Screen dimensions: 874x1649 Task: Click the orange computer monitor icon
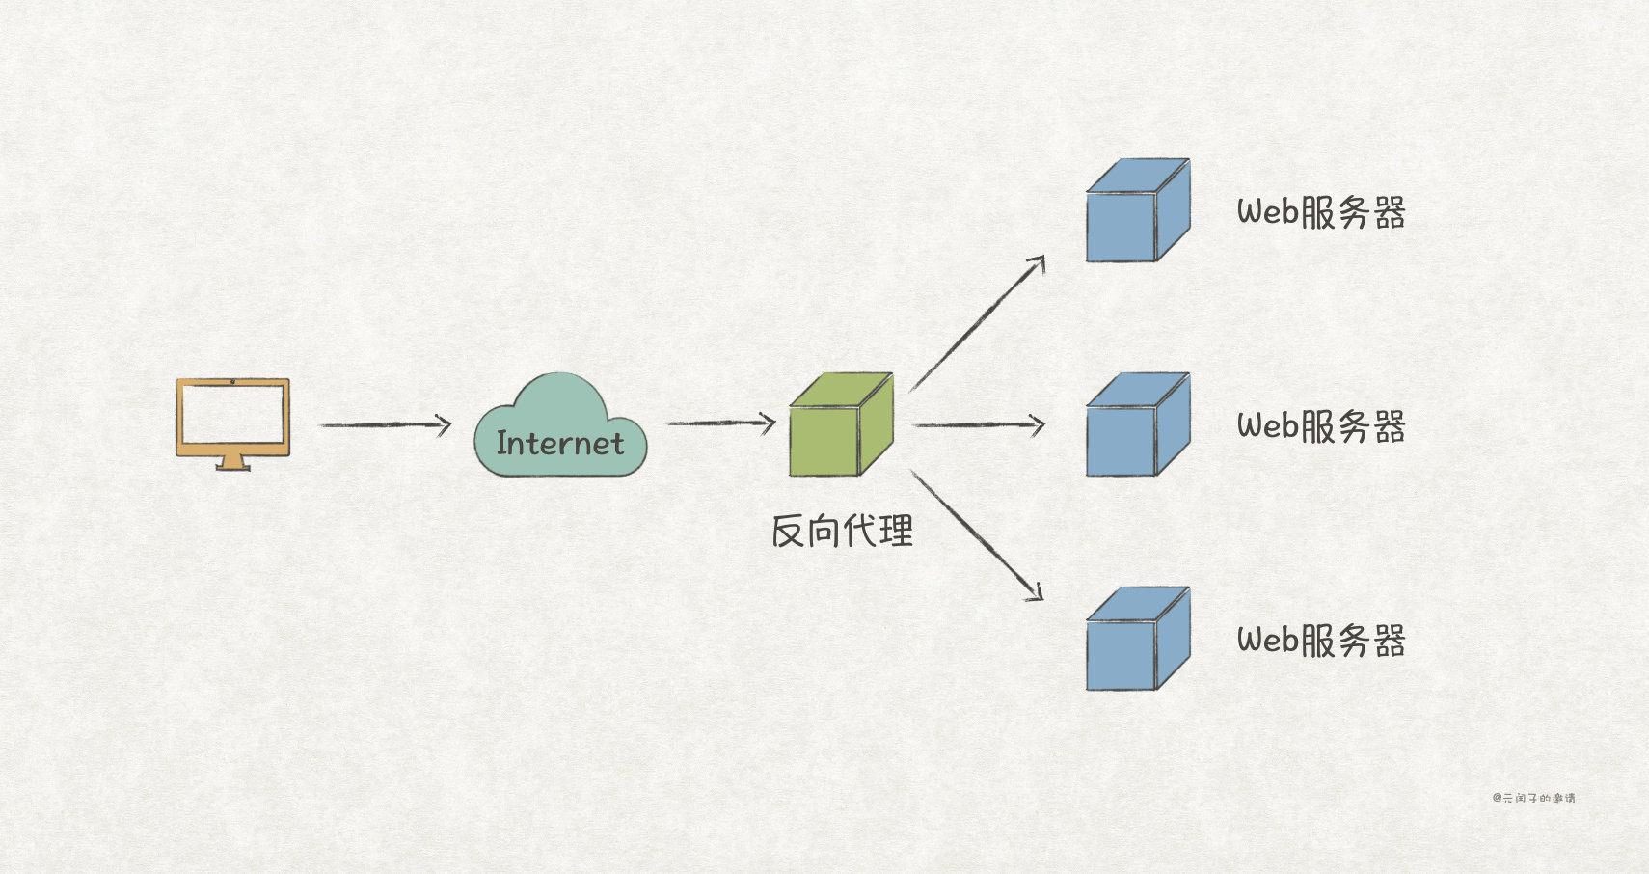pyautogui.click(x=232, y=418)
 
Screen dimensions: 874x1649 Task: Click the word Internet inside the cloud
pyautogui.click(x=559, y=444)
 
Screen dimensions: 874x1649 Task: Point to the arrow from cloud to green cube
pyautogui.click(x=719, y=423)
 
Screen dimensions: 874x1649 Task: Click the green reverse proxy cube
pyautogui.click(x=840, y=425)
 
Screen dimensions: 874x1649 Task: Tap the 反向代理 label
pyautogui.click(x=842, y=532)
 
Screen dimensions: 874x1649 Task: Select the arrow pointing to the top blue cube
pyautogui.click(x=977, y=324)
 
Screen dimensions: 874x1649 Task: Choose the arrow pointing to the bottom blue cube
pyautogui.click(x=976, y=534)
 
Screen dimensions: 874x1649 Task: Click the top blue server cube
pyautogui.click(x=1137, y=211)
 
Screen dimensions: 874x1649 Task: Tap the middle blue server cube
pyautogui.click(x=1137, y=425)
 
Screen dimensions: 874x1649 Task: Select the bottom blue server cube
pyautogui.click(x=1137, y=640)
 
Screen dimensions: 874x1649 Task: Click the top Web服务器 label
pyautogui.click(x=1320, y=212)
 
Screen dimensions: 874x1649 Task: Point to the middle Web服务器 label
pyautogui.click(x=1320, y=426)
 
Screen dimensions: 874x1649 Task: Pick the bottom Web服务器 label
pyautogui.click(x=1320, y=641)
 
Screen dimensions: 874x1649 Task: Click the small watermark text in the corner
pyautogui.click(x=1533, y=798)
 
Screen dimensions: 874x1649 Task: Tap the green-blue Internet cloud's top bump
pyautogui.click(x=559, y=391)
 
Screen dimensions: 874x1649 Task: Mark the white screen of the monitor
pyautogui.click(x=232, y=414)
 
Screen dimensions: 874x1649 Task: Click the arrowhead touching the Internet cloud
pyautogui.click(x=446, y=424)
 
